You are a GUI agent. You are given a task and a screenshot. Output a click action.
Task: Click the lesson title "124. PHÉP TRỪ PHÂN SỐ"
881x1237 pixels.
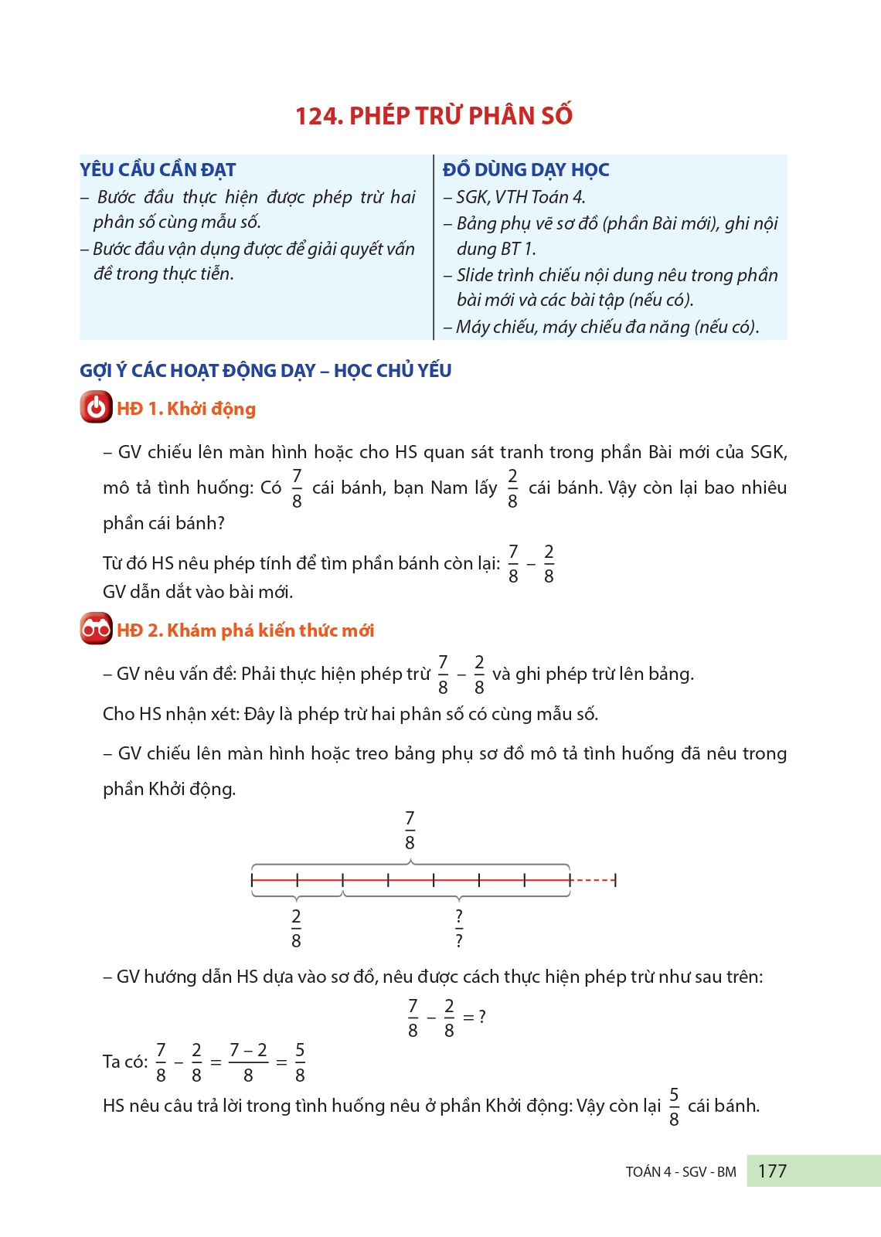434,116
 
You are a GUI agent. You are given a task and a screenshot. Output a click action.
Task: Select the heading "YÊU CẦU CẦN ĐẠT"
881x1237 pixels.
158,170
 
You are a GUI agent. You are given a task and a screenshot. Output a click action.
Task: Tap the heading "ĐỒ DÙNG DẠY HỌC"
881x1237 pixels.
526,170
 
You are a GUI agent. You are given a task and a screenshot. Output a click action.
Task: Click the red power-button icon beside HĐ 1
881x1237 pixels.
96,407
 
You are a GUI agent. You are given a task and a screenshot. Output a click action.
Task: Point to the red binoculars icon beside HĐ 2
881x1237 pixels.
96,629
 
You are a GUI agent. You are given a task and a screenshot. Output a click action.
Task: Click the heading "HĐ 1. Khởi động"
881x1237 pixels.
186,409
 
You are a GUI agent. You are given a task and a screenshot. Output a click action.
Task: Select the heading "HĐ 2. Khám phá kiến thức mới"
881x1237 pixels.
246,630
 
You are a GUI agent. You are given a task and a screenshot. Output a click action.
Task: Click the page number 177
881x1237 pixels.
772,1171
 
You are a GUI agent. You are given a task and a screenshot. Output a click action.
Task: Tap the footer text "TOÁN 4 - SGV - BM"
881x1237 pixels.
681,1172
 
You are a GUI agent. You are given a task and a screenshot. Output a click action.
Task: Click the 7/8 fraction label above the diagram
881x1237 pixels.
410,830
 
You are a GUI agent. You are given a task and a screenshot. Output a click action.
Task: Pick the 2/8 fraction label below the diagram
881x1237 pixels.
296,929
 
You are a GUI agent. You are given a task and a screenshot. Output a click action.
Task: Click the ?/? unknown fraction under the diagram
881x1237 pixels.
459,929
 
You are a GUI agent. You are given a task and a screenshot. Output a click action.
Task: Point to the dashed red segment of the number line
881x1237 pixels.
593,880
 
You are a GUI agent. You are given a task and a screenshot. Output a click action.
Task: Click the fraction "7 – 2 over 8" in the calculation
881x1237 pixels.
248,1062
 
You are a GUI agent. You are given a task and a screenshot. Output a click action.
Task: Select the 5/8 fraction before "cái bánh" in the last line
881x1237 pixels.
674,1107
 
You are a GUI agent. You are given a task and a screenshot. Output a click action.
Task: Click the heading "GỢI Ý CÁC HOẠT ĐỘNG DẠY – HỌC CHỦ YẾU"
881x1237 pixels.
266,371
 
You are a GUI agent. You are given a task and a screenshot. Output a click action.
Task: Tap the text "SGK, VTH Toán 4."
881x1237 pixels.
520,198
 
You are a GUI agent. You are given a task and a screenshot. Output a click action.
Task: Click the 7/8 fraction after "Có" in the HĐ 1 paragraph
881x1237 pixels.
297,488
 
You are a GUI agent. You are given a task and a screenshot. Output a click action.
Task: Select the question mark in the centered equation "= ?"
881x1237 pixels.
482,1017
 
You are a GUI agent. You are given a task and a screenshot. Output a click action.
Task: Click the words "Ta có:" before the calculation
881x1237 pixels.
124,1062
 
